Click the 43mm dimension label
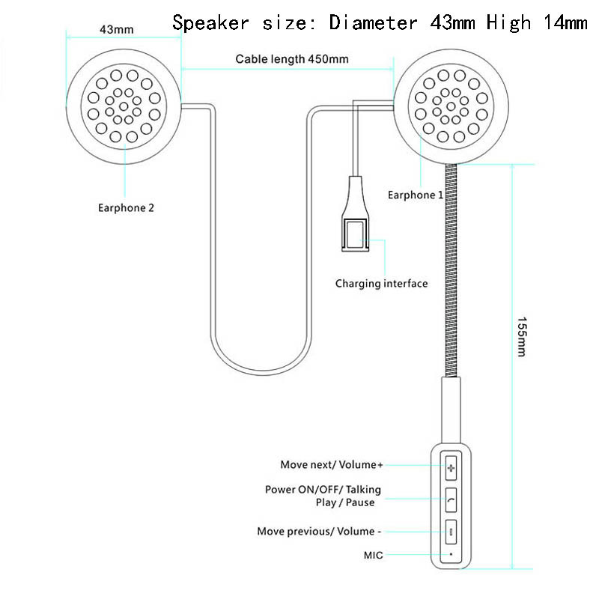(117, 29)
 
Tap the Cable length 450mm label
(292, 59)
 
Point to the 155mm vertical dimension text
(522, 336)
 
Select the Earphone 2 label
(126, 208)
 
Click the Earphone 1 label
(416, 195)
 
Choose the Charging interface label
(381, 284)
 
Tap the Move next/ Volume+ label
(332, 464)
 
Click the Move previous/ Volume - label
(320, 532)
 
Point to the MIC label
(373, 555)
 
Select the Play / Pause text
(345, 502)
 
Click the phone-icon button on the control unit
(451, 499)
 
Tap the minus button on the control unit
(451, 532)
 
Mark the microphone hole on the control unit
(451, 554)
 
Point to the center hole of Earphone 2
(124, 106)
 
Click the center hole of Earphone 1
(451, 106)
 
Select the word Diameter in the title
(373, 22)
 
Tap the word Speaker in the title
(210, 22)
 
